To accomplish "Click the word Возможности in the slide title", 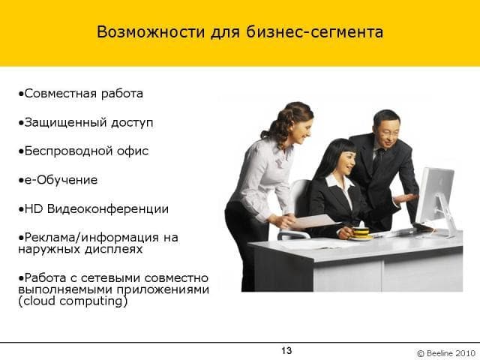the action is point(150,31).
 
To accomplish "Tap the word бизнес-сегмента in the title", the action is point(314,31).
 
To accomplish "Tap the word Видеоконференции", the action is point(108,209).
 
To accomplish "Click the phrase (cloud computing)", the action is point(73,301).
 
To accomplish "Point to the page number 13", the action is point(286,350).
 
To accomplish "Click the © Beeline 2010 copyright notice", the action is point(446,353).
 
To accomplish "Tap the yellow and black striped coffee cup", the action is point(361,232).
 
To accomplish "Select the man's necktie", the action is point(378,160).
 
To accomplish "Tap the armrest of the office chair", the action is point(293,235).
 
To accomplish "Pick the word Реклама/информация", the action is point(91,238).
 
